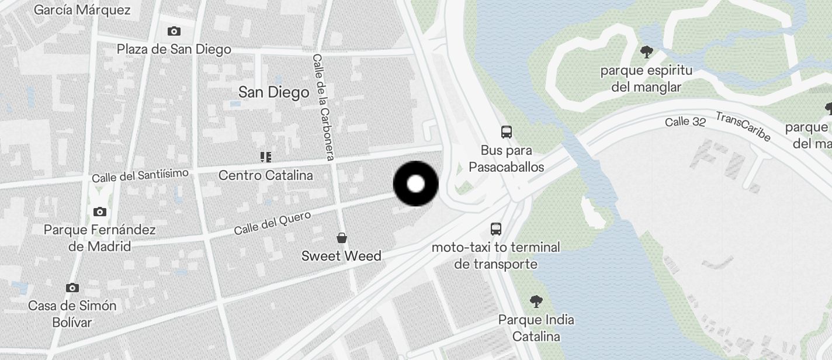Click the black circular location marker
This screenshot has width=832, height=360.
415,184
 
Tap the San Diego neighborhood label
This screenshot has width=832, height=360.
273,92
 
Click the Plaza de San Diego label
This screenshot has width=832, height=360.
174,49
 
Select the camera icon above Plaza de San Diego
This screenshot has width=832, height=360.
174,32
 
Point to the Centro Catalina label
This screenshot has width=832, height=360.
265,175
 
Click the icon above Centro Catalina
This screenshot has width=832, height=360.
266,157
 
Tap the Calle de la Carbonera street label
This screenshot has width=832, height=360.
323,107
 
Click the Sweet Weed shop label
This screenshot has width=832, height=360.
341,256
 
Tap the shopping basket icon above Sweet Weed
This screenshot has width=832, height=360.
342,238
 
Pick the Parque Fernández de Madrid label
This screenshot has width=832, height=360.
100,238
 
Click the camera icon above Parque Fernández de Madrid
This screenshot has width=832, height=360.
100,212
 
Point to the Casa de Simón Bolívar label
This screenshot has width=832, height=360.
72,314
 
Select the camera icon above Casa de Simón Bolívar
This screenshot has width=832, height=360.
72,288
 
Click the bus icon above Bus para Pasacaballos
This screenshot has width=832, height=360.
507,132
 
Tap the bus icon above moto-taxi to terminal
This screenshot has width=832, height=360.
496,229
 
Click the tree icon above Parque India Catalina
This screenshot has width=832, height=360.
536,302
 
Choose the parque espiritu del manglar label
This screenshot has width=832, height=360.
646,79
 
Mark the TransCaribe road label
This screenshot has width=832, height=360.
743,126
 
